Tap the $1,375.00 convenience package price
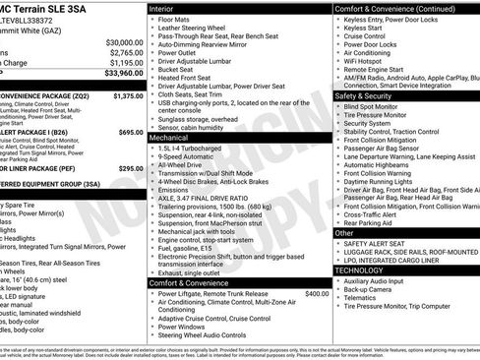129,96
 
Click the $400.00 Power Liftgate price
317,293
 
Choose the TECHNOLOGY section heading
359,269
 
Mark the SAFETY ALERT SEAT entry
379,243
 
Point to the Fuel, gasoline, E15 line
188,249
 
